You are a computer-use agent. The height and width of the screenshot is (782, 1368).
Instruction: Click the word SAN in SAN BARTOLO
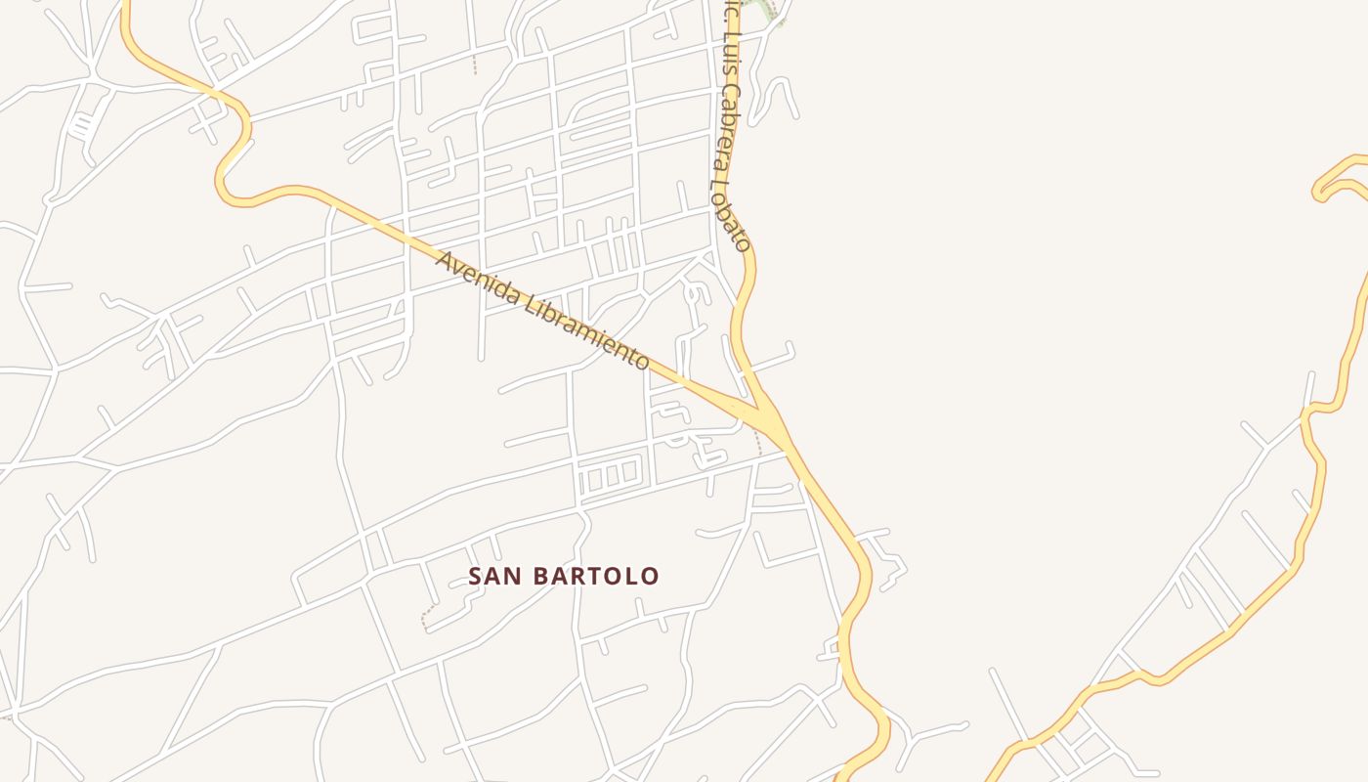coord(492,577)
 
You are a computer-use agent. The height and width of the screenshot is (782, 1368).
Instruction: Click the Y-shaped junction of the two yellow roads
coord(768,415)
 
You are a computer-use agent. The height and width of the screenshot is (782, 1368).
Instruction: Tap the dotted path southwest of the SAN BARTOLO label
coord(426,617)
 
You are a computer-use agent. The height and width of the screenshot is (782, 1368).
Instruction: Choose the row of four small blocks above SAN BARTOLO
coord(608,477)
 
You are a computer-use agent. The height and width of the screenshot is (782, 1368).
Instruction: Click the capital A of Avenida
coord(445,262)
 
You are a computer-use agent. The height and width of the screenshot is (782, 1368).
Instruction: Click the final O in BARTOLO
coord(650,577)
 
